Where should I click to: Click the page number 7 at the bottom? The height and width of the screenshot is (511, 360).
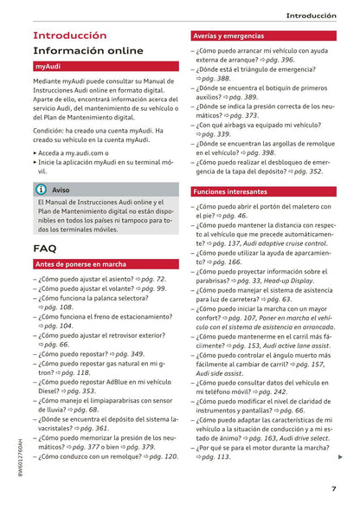pos(333,488)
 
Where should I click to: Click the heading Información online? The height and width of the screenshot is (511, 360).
pos(88,51)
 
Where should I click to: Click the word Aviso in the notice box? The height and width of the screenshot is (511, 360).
pos(61,189)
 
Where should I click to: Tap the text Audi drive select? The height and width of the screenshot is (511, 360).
pos(293,438)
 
